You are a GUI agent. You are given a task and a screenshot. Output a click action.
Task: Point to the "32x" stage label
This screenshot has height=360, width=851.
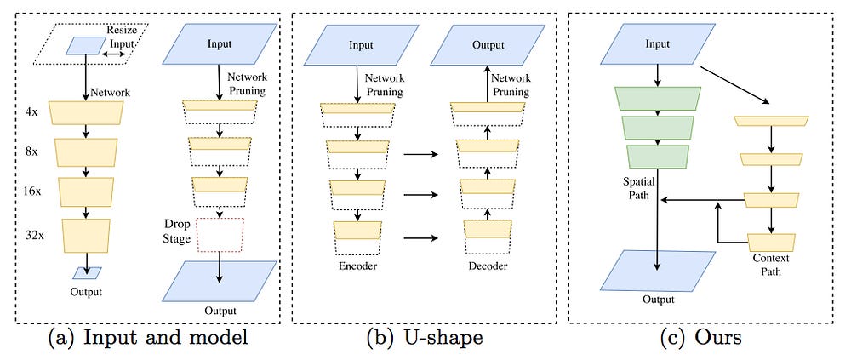35,228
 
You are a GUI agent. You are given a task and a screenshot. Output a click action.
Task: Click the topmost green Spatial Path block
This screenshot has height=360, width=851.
658,99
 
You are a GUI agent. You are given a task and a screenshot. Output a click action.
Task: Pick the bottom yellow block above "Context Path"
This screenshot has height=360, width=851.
770,243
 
